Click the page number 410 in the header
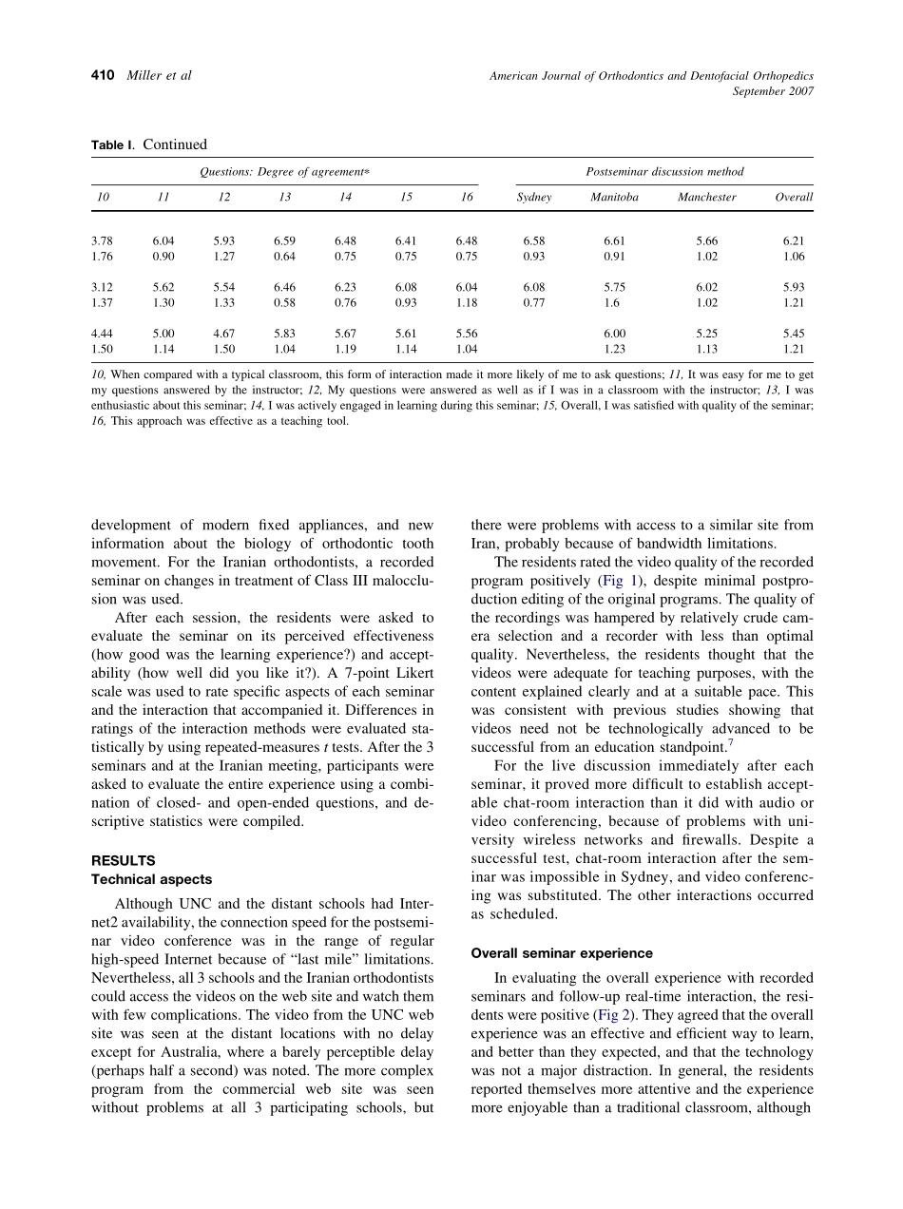(104, 75)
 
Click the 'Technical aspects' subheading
(151, 879)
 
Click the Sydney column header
(534, 198)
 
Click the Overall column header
(794, 198)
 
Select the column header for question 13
(284, 198)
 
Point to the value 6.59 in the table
(284, 241)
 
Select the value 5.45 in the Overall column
(794, 335)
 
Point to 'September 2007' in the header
(773, 91)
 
